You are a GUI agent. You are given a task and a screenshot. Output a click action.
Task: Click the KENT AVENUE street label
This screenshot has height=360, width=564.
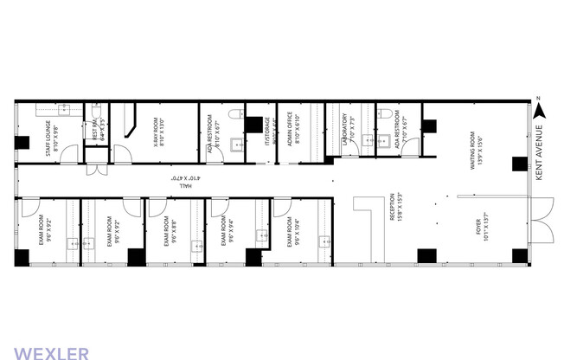tap(540, 151)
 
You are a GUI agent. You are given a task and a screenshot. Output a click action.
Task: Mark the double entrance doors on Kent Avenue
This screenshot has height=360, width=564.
tap(544, 220)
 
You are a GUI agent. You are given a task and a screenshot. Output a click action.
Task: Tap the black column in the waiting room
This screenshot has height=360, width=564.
tap(519, 164)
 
